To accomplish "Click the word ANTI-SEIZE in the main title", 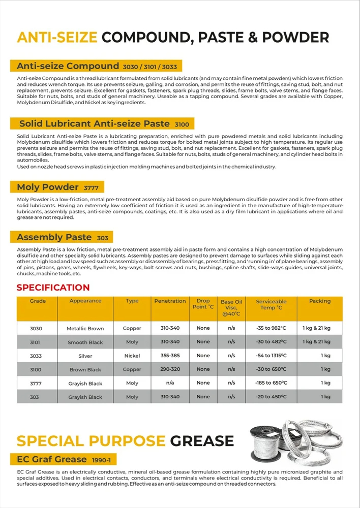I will (x=57, y=37).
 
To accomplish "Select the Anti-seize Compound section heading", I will (x=67, y=66).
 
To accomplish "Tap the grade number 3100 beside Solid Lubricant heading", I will (x=182, y=124).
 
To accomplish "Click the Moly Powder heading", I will (x=48, y=187).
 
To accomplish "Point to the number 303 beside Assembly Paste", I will (x=102, y=238).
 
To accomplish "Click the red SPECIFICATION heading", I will (x=53, y=288).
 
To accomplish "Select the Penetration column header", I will (x=170, y=301).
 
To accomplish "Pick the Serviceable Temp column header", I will (x=271, y=304).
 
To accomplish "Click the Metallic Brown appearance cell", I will (x=85, y=329).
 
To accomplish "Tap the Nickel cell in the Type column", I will (x=132, y=356).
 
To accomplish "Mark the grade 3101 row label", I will (x=35, y=342).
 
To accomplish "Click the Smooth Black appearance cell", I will (x=85, y=342).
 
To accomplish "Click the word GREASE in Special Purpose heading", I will (x=202, y=441).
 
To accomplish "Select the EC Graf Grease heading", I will (x=52, y=459).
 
